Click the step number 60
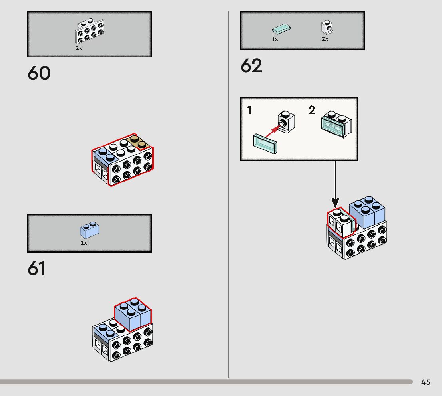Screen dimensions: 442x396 (39, 73)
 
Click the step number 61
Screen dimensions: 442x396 (36, 269)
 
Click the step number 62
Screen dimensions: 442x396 (251, 66)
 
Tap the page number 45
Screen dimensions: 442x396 (426, 382)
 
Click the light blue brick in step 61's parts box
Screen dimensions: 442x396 (90, 230)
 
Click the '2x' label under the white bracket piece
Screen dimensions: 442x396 (79, 48)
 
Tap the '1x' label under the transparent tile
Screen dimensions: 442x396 (275, 39)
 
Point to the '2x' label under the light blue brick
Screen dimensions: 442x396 (84, 243)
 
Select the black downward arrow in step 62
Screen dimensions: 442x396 (335, 184)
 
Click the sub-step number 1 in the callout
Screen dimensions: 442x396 (249, 111)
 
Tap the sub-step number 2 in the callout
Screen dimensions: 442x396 (312, 111)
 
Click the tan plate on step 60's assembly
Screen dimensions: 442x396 (138, 142)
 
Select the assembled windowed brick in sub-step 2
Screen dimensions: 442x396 (336, 123)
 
